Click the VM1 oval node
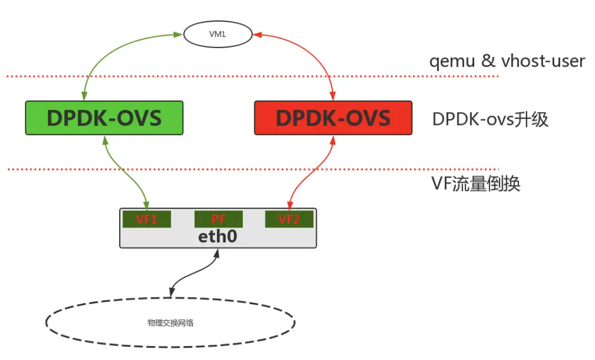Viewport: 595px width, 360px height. coord(217,34)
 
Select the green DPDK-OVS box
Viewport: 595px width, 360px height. coord(104,118)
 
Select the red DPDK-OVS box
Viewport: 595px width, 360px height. coord(333,118)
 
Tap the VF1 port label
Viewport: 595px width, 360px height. coord(147,219)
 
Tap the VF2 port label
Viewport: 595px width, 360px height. coord(289,219)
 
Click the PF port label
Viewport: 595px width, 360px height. coord(219,219)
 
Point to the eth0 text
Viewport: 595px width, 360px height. coord(219,236)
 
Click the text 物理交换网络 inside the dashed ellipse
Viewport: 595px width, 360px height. coord(170,323)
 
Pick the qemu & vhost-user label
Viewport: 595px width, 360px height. coord(507,61)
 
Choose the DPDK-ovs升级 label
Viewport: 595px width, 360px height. coord(490,119)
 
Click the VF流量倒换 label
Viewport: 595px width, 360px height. coord(475,183)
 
